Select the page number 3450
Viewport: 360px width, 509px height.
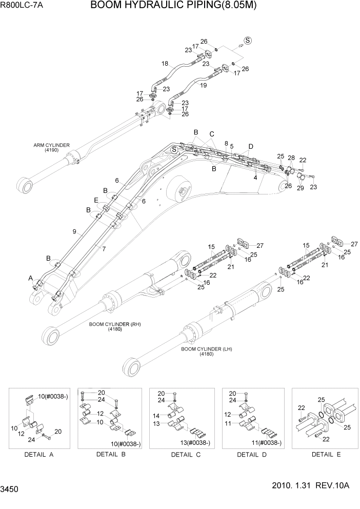11,490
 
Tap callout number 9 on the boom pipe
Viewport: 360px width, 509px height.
75,232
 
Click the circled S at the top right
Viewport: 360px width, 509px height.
247,41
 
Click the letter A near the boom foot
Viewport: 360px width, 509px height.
31,278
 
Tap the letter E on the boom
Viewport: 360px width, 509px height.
96,200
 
